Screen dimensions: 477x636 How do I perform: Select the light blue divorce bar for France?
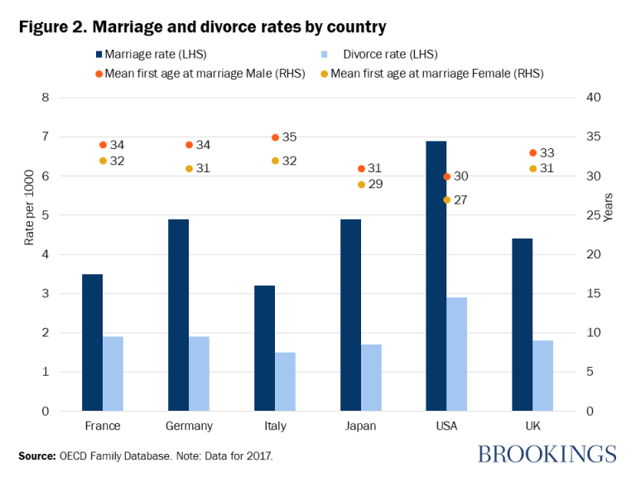pos(113,373)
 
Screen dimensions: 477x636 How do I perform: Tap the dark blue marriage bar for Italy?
pos(264,348)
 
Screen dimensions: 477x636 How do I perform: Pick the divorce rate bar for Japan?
pos(372,378)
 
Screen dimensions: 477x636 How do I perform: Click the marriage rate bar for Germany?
pos(179,315)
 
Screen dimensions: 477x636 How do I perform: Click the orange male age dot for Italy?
pos(275,137)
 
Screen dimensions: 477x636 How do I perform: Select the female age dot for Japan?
pos(361,185)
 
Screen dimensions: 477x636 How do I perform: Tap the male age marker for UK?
pos(532,153)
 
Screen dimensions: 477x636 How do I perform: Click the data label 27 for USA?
pos(461,200)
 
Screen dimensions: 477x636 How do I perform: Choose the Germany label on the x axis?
pos(189,426)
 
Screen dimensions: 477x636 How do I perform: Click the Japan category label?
pos(361,426)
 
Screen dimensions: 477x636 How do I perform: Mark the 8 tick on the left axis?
pos(46,98)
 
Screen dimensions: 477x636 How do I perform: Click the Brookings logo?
pos(547,454)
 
